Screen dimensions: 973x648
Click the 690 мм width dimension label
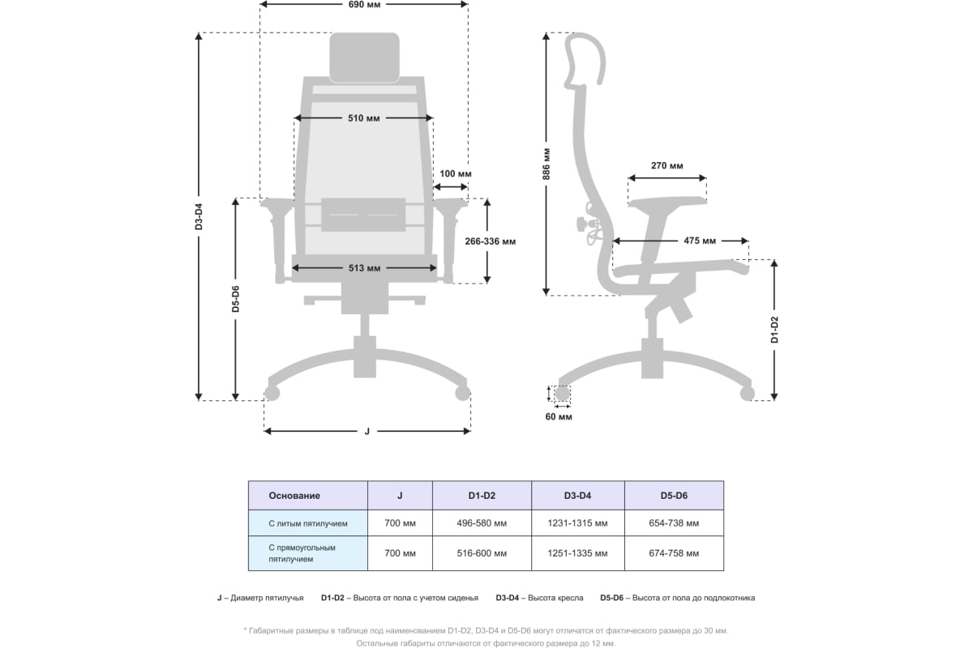click(364, 5)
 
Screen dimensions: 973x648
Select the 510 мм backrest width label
click(363, 118)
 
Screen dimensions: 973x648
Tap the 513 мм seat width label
click(364, 268)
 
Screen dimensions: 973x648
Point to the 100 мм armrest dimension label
click(455, 173)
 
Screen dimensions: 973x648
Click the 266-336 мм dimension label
click(491, 241)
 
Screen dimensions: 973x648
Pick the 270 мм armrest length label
click(667, 165)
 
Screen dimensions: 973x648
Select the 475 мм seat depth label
click(699, 241)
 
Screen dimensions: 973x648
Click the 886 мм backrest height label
click(547, 164)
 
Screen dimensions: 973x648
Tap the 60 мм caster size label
click(559, 416)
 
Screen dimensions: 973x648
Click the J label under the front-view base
click(367, 431)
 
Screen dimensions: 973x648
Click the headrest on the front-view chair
click(364, 58)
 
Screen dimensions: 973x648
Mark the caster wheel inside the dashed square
click(562, 394)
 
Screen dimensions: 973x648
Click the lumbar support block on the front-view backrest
click(363, 215)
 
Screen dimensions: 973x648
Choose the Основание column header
click(294, 496)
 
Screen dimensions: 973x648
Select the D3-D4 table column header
click(577, 496)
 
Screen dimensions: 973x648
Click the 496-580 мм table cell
click(482, 523)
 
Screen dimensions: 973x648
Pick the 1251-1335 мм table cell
click(577, 553)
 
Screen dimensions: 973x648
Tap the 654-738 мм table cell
click(674, 523)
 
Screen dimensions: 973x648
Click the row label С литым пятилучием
click(308, 524)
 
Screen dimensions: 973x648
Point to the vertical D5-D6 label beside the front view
click(235, 299)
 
